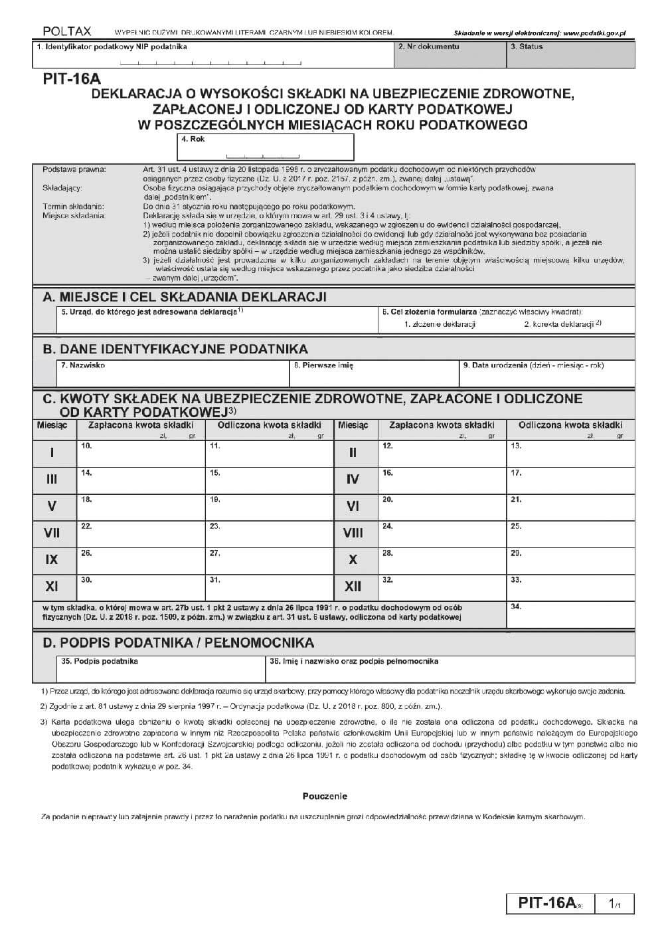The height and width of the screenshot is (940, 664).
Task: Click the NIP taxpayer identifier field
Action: [x=212, y=56]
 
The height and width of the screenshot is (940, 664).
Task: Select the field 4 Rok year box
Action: [x=266, y=147]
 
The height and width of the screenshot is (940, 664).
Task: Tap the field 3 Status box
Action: [x=570, y=56]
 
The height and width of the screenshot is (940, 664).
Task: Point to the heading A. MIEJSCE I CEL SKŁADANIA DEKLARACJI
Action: [x=184, y=297]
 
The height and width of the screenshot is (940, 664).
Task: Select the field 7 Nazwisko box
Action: [x=173, y=374]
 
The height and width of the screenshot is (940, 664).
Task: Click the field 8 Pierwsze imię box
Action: [x=374, y=374]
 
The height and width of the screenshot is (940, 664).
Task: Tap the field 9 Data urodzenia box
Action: [x=547, y=374]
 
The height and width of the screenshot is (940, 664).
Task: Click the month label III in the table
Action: [x=52, y=480]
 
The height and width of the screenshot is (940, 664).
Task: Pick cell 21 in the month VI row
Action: [x=570, y=506]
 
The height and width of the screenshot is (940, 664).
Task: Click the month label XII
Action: [x=353, y=587]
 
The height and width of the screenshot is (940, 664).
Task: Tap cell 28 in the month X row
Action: [x=442, y=560]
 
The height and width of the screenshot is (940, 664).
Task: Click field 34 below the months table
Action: [x=570, y=614]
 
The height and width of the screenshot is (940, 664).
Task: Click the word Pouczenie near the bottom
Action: [x=325, y=796]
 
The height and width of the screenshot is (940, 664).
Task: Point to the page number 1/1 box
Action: [x=615, y=904]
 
